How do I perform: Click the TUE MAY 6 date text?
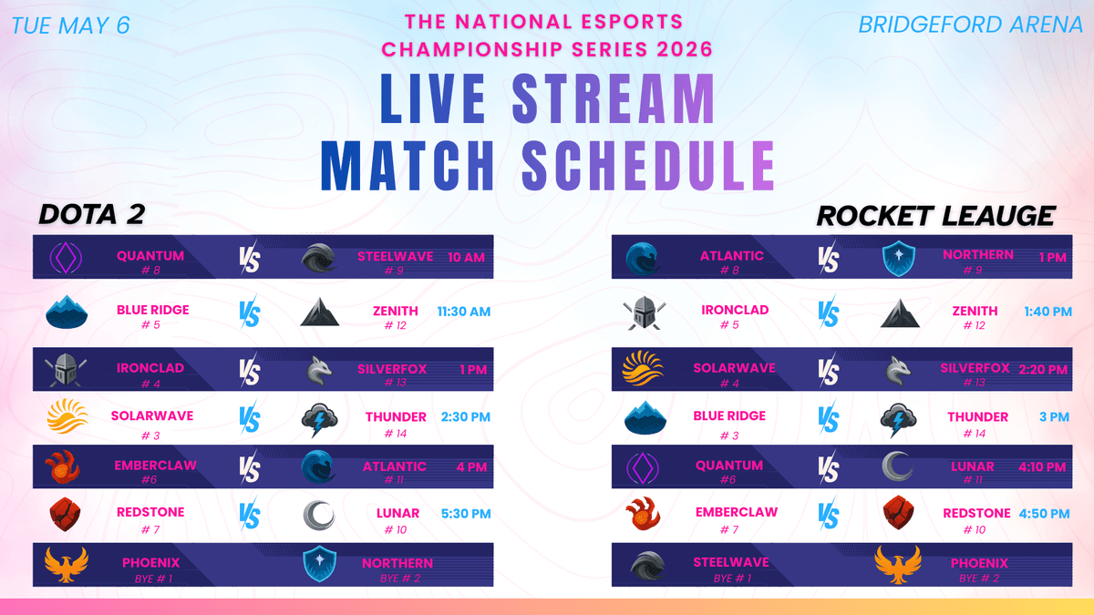point(70,26)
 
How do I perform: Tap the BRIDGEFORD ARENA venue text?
point(970,25)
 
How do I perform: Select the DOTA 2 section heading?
point(92,214)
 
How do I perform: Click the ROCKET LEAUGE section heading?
point(935,216)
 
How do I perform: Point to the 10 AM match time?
point(467,258)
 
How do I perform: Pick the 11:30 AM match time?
point(463,312)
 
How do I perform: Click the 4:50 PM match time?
point(1044,514)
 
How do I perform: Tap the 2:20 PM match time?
point(1043,370)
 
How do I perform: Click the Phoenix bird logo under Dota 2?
point(67,564)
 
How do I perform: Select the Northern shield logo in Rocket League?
point(899,258)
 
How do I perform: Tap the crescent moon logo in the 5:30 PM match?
point(319,516)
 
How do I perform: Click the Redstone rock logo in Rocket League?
point(899,512)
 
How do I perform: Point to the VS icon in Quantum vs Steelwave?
point(250,258)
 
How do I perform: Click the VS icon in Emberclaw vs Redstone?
point(829,515)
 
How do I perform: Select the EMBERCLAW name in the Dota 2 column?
point(155,466)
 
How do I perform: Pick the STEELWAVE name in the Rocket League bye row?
point(731,562)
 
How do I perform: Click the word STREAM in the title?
point(614,98)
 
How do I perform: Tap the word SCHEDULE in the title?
point(648,166)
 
